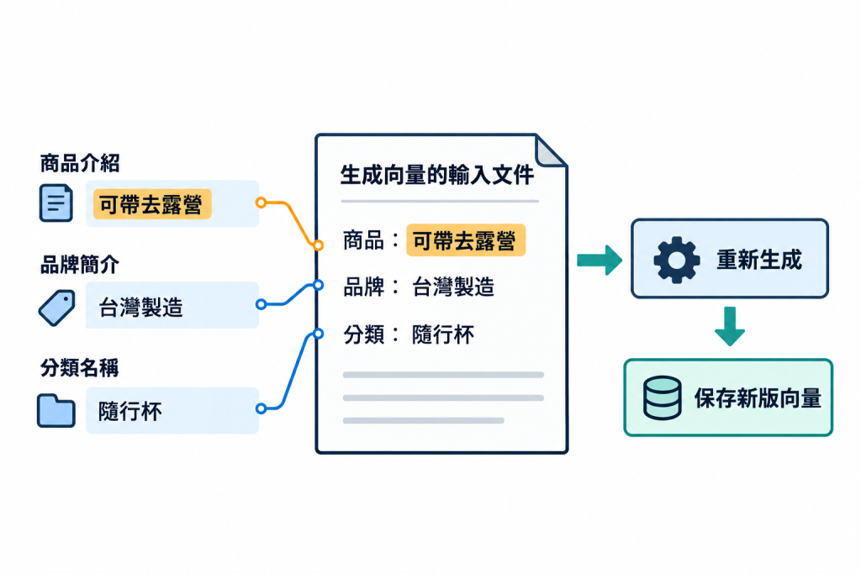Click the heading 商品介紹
(80, 163)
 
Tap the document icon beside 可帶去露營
(56, 203)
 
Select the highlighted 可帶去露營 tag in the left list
(152, 204)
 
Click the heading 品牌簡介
(80, 265)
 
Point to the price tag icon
(56, 308)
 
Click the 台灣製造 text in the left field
(140, 307)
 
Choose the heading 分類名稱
(80, 367)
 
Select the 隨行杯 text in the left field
(130, 411)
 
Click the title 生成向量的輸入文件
(437, 175)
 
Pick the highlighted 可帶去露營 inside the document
(466, 240)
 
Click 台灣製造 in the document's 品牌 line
(453, 287)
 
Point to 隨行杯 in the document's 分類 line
(443, 334)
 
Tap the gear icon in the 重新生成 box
(677, 260)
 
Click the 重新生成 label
(759, 260)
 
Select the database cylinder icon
(663, 398)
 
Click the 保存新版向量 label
(758, 398)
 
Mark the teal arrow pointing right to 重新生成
(600, 260)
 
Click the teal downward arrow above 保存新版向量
(730, 326)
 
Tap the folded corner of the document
(548, 153)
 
